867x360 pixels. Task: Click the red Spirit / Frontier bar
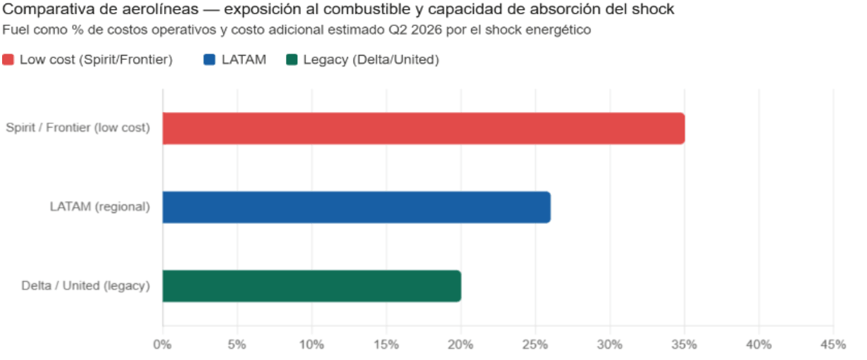tap(423, 128)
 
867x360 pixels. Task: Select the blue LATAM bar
tap(356, 207)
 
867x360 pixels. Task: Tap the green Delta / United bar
tap(311, 286)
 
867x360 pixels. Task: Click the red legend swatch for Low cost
tap(8, 60)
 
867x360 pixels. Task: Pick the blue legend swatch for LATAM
tap(209, 60)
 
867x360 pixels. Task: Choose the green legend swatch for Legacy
tap(292, 60)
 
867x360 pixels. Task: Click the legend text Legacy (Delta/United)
tap(371, 60)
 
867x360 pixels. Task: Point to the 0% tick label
tap(163, 345)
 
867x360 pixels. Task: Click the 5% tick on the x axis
tap(237, 345)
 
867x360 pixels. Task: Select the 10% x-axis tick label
tap(311, 345)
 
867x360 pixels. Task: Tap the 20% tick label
tap(461, 345)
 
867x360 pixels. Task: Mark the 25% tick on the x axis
tap(535, 345)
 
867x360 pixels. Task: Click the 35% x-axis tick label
tap(684, 345)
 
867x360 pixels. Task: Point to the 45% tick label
tap(833, 345)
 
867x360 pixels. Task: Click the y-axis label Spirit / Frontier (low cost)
tap(77, 128)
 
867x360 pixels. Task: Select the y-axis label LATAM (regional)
tap(100, 207)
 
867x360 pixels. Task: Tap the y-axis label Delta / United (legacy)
tap(85, 286)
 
